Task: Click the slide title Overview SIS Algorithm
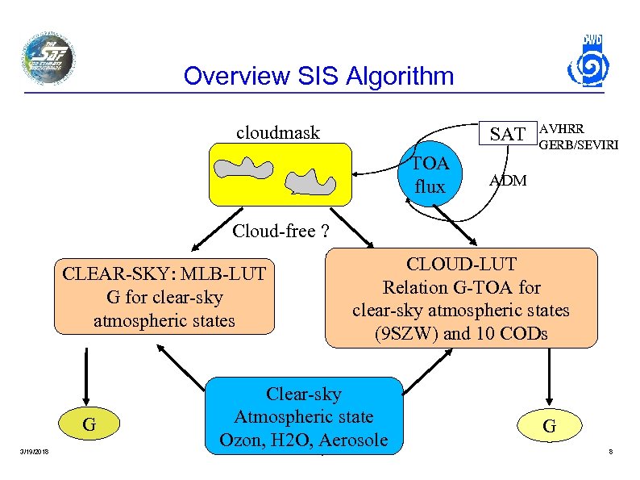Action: (x=318, y=77)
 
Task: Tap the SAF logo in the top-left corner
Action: (x=48, y=58)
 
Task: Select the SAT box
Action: (x=508, y=135)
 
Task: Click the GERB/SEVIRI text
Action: (x=573, y=145)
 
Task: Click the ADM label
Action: (x=508, y=181)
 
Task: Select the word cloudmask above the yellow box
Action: (x=277, y=132)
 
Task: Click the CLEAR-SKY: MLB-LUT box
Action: (x=164, y=297)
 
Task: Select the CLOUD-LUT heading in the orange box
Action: (x=461, y=264)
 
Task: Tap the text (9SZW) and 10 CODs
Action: (x=461, y=333)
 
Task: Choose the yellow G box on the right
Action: (x=548, y=425)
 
